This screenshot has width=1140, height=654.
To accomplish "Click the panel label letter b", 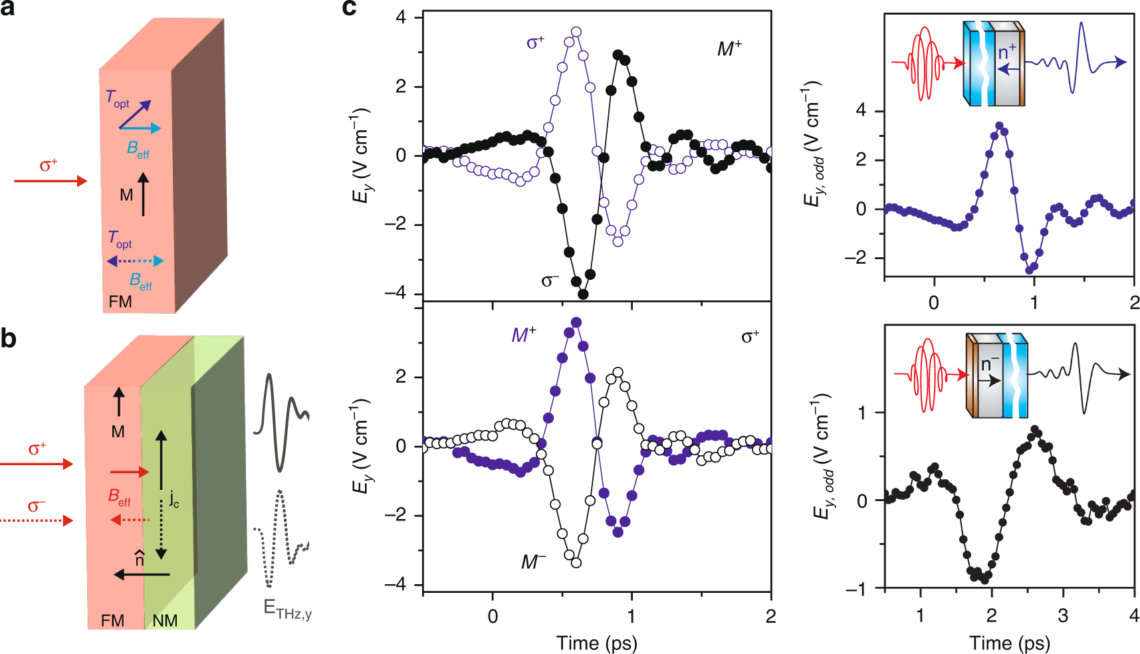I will [x=8, y=339].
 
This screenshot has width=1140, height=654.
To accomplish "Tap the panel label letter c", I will [x=350, y=8].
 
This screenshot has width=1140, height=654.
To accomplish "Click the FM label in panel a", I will [x=120, y=302].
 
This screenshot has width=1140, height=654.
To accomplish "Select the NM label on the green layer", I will [x=165, y=621].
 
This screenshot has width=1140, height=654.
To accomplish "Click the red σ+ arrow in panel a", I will [x=51, y=181].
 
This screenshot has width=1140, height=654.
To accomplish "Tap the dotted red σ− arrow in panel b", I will [x=37, y=521].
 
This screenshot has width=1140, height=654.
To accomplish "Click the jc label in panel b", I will [x=174, y=498].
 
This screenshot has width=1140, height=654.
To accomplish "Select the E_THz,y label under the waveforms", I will [x=287, y=609].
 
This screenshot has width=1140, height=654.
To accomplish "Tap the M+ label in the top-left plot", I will [x=729, y=49].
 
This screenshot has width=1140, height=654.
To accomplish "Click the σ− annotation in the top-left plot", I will [x=550, y=280].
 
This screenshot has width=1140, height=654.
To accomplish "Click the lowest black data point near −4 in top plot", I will [x=583, y=294].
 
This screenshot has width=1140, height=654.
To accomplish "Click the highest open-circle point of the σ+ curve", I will [x=576, y=32].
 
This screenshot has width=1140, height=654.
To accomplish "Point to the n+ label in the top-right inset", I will [x=1007, y=51].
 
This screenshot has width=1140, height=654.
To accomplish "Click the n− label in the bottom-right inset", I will [x=990, y=364].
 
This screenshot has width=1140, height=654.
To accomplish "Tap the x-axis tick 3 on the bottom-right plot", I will [x=1063, y=615].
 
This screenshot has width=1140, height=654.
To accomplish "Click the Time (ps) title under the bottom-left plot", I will [x=596, y=643].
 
